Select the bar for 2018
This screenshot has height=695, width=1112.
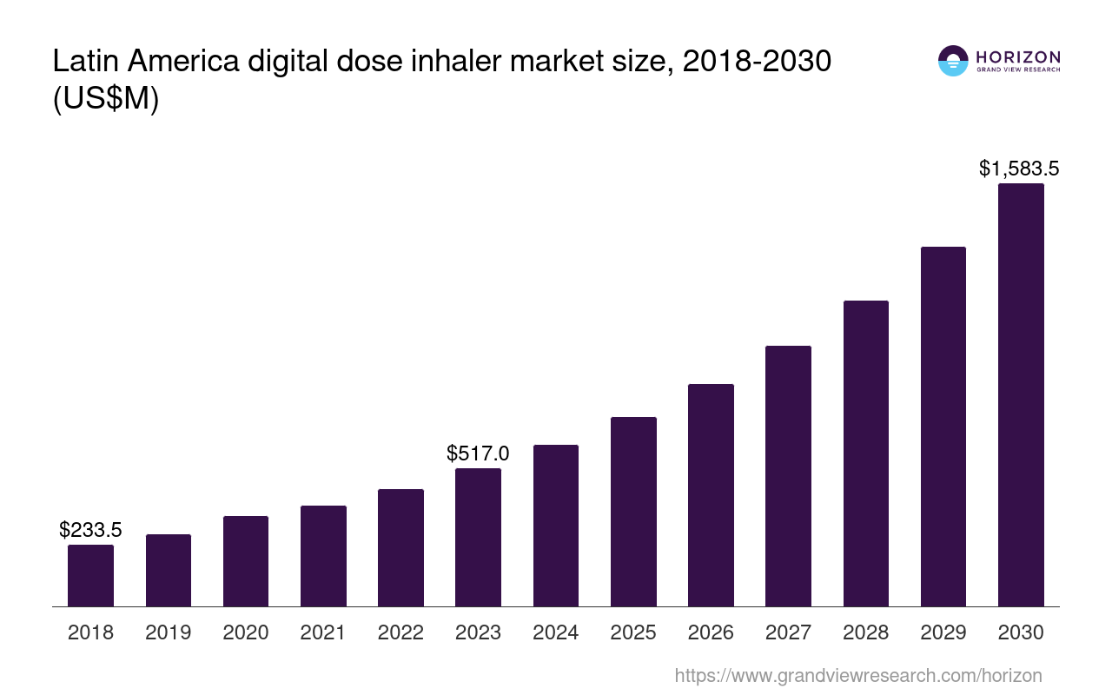click(x=90, y=575)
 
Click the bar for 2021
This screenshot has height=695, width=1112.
click(x=323, y=556)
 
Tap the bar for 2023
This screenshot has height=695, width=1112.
click(x=478, y=537)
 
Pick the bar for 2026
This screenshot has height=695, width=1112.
click(x=711, y=495)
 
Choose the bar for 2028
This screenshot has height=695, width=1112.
click(x=865, y=453)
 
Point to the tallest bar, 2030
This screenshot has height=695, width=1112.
click(x=1021, y=395)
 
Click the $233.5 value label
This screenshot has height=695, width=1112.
click(x=90, y=529)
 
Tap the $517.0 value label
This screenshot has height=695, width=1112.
click(x=478, y=453)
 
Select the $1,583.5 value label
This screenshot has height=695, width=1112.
click(x=1019, y=168)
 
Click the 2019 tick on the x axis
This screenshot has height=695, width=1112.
click(x=169, y=632)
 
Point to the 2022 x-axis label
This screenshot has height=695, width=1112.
click(x=400, y=632)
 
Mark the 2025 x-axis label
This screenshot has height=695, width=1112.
click(x=633, y=632)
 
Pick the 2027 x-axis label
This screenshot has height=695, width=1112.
click(x=788, y=632)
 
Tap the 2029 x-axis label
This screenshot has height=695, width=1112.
click(x=943, y=632)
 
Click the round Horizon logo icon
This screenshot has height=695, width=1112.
click(x=953, y=61)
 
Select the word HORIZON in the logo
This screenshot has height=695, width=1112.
click(x=1018, y=57)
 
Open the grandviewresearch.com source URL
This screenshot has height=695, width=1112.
click(x=857, y=675)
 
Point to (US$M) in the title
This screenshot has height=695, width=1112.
click(x=106, y=99)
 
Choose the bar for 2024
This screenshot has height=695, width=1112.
click(x=556, y=526)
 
